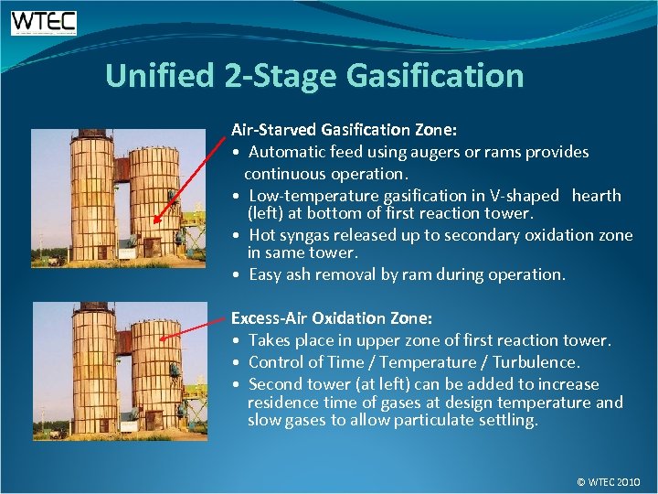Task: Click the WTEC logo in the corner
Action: click(x=44, y=23)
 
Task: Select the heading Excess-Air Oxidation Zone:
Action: click(x=331, y=318)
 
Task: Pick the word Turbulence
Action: click(x=538, y=362)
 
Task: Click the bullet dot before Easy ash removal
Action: click(x=237, y=274)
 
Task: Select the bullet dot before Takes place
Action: click(x=237, y=340)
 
